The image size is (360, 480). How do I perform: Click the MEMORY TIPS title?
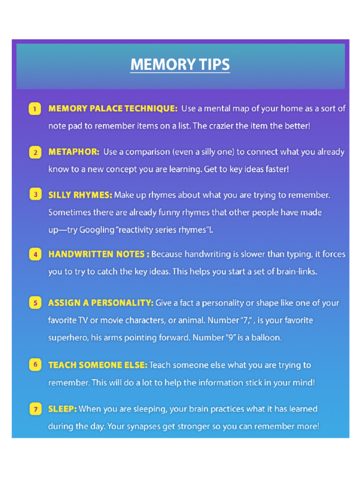(180, 65)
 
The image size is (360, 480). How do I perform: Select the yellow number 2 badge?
(35, 152)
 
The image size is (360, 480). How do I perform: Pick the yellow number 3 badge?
(35, 195)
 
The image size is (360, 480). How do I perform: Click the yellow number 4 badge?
(35, 255)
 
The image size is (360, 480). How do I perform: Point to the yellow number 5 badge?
(35, 303)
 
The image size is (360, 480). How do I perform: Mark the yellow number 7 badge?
(35, 409)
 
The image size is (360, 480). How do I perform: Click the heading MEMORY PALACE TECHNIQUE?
(113, 109)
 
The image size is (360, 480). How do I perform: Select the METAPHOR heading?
(74, 152)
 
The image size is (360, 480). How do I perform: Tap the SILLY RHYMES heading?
(80, 195)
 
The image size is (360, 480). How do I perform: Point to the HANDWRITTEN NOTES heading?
(99, 254)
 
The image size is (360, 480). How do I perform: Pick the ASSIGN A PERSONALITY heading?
(101, 303)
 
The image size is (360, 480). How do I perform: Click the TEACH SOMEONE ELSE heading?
(97, 365)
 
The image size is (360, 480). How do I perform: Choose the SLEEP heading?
(62, 409)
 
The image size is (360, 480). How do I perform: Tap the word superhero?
(68, 337)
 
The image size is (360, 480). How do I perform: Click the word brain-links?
(295, 271)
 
